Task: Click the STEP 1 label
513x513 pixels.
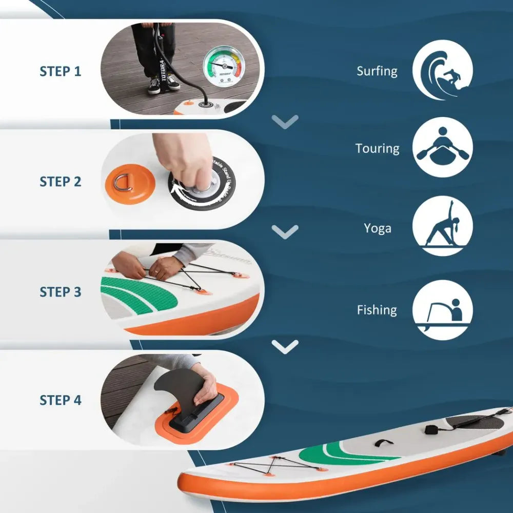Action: (61, 71)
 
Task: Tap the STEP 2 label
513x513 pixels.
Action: (61, 182)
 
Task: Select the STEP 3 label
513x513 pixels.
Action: (61, 292)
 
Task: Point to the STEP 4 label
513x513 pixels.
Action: (61, 400)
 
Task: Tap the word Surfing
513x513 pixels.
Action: (377, 71)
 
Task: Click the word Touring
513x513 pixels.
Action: (377, 149)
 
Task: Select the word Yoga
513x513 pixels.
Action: (378, 228)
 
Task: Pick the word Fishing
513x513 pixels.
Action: (377, 310)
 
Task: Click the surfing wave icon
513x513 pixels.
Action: (442, 70)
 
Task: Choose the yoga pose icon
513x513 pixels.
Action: (442, 226)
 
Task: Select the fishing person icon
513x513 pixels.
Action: (442, 310)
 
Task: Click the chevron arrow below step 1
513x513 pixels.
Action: (285, 122)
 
